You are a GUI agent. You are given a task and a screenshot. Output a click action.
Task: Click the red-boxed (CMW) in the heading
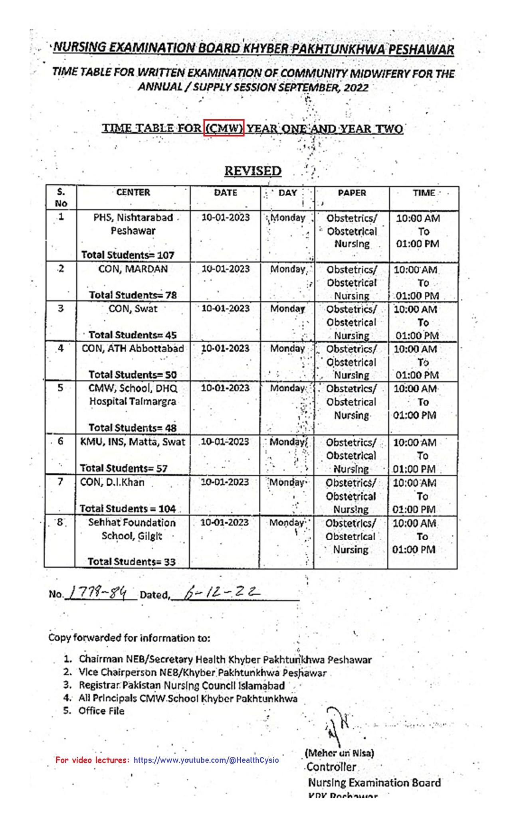click(x=224, y=128)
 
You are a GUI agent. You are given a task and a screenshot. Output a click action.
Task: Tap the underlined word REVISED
click(x=253, y=171)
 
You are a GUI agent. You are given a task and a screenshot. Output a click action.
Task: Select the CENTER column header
click(x=133, y=193)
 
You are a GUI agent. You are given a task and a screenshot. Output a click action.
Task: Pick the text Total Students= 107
click(x=128, y=255)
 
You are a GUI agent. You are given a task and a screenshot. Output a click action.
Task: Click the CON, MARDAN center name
click(x=133, y=269)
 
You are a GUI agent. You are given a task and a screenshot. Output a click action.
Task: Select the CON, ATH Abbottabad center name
click(x=133, y=348)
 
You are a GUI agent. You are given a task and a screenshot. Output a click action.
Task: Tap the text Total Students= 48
click(x=132, y=428)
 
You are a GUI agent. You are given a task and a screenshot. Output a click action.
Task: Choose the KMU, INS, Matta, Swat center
click(x=133, y=442)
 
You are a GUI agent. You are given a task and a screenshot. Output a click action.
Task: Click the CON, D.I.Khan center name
click(x=112, y=482)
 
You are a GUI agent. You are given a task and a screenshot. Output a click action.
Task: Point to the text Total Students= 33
click(x=131, y=562)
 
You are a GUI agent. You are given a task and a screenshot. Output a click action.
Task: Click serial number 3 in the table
click(x=60, y=308)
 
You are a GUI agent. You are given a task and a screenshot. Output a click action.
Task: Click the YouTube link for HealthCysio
click(x=206, y=760)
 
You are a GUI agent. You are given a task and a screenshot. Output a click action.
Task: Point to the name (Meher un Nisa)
click(x=339, y=753)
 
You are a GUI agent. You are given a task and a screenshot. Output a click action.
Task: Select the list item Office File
click(x=101, y=711)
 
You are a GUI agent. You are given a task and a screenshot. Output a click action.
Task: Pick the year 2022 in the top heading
click(x=356, y=87)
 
